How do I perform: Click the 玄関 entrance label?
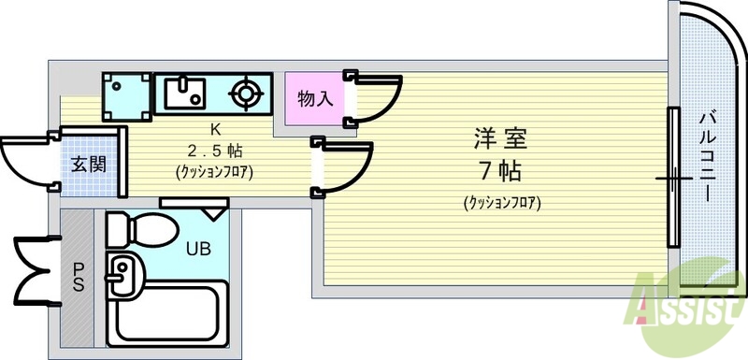click(89, 165)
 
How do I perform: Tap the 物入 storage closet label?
click(315, 97)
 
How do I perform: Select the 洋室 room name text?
click(499, 140)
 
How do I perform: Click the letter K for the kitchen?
click(214, 129)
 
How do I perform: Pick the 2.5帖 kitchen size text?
click(214, 150)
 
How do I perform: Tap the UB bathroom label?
click(197, 249)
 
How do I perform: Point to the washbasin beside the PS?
click(121, 275)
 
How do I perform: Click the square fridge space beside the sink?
click(126, 94)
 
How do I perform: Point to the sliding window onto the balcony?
click(672, 178)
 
